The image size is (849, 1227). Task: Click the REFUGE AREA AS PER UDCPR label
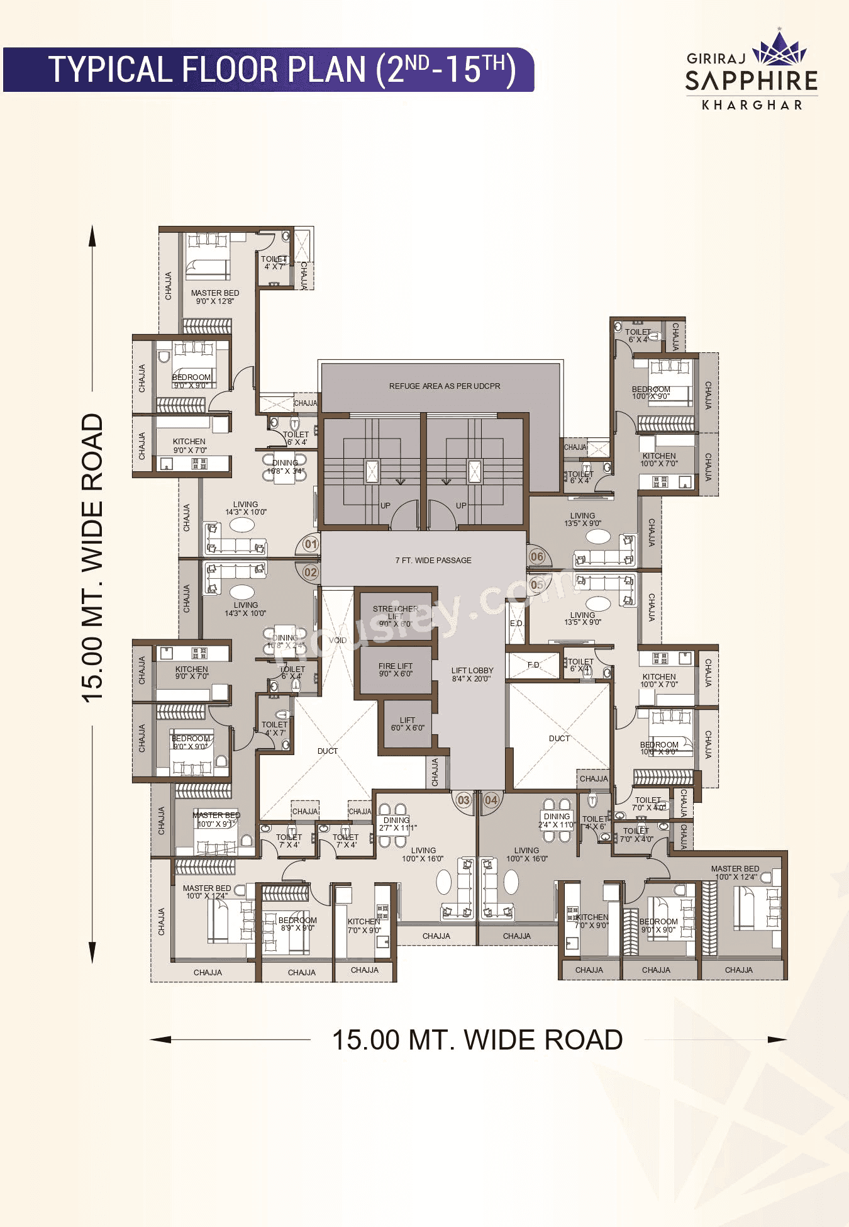[x=444, y=386]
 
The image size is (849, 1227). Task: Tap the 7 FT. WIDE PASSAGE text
[x=433, y=560]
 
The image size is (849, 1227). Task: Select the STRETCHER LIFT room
[x=396, y=616]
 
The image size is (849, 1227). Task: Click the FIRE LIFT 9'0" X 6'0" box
[x=396, y=670]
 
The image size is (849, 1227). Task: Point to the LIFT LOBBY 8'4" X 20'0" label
[x=472, y=675]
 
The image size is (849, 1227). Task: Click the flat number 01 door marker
[x=311, y=544]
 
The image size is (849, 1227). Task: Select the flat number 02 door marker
[x=311, y=573]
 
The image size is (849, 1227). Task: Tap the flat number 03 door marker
[x=463, y=800]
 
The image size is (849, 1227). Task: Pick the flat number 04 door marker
[x=491, y=800]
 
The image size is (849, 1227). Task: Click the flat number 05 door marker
[x=537, y=585]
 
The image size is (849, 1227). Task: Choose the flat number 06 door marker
[x=537, y=556]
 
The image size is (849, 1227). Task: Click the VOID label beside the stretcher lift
[x=338, y=640]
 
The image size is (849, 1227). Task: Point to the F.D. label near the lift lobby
[x=534, y=664]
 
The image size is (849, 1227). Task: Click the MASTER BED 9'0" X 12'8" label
[x=215, y=297]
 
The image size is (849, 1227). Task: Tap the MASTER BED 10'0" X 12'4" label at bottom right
[x=735, y=872]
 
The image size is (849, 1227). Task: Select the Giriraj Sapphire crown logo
[x=779, y=49]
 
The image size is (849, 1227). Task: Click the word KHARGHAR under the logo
[x=752, y=105]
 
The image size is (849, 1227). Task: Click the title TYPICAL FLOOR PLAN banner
[x=269, y=69]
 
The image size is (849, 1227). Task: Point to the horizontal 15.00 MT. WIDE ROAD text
[x=477, y=1039]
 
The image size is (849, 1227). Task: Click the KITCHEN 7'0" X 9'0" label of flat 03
[x=364, y=926]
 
